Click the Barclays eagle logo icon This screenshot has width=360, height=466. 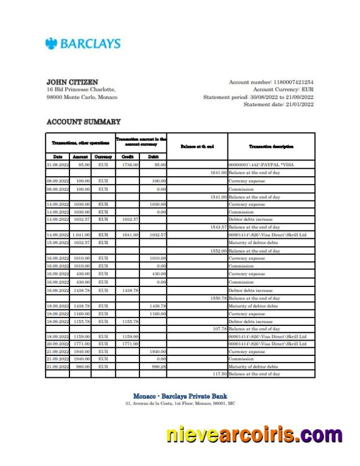click(x=51, y=43)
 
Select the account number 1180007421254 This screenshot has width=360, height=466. click(x=293, y=82)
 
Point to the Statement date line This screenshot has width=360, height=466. click(x=278, y=104)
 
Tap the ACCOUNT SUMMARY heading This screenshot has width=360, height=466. click(x=84, y=121)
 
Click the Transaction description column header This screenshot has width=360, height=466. click(x=271, y=146)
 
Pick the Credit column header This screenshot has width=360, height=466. click(x=128, y=156)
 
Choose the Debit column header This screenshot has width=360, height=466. click(x=153, y=156)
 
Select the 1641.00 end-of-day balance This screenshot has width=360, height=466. click(x=218, y=172)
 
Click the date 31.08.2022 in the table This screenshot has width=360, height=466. click(x=58, y=164)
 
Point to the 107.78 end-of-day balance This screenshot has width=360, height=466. click(x=219, y=329)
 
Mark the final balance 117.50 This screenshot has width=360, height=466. click(x=219, y=374)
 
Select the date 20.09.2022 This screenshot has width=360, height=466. click(x=58, y=343)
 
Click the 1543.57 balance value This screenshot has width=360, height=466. click(x=218, y=227)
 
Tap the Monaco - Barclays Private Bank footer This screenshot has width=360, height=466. click(x=180, y=396)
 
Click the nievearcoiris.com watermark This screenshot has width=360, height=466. click(x=254, y=435)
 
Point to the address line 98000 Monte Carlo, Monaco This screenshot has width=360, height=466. click(x=82, y=97)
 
